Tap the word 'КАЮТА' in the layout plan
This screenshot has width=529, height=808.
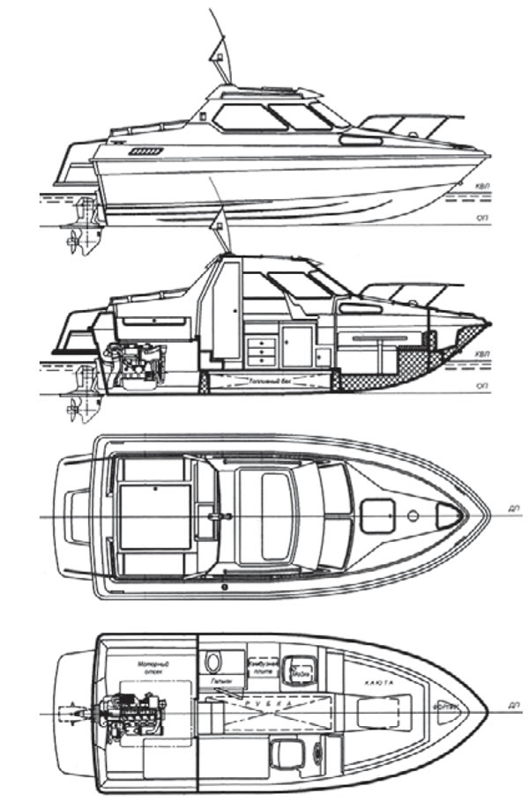pos(377,682)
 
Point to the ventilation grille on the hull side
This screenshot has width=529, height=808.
pos(145,152)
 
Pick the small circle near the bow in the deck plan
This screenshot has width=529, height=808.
pos(414,514)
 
